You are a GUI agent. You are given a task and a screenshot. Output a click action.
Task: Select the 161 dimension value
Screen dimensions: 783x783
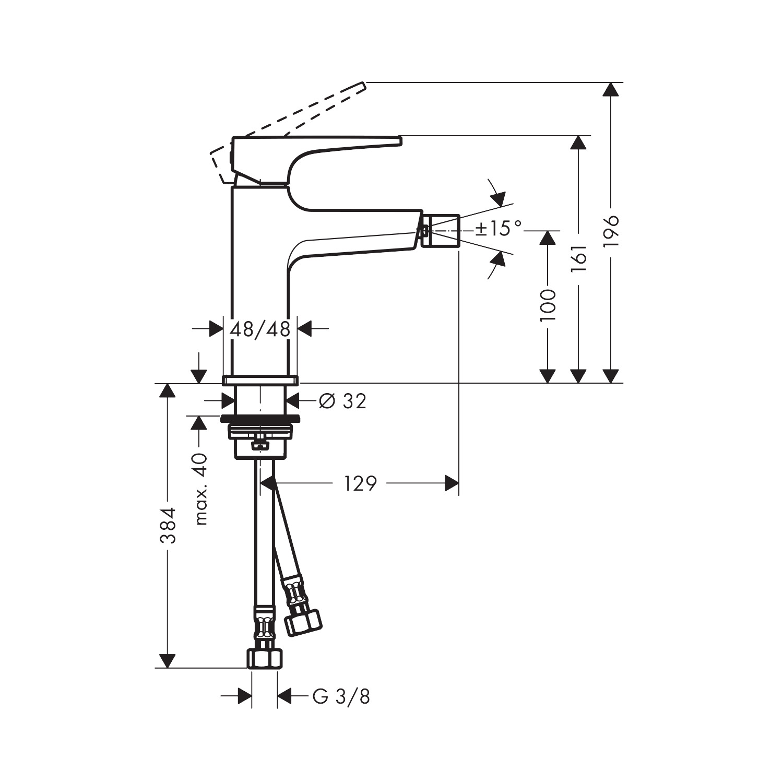pyautogui.click(x=579, y=258)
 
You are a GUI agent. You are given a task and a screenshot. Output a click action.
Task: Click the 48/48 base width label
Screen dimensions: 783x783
pyautogui.click(x=260, y=329)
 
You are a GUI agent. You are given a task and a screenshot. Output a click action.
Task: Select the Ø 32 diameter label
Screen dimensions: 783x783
pyautogui.click(x=342, y=401)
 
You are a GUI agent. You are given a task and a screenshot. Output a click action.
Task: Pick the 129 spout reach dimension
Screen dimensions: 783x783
pyautogui.click(x=360, y=484)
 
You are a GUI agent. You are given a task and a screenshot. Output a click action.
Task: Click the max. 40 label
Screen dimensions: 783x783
pyautogui.click(x=200, y=489)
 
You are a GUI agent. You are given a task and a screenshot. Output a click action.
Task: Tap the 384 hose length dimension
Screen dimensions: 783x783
pyautogui.click(x=168, y=525)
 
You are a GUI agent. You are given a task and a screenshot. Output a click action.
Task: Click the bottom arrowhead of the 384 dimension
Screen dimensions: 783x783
pyautogui.click(x=167, y=660)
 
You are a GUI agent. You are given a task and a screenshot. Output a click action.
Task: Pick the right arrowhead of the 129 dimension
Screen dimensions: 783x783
pyautogui.click(x=452, y=484)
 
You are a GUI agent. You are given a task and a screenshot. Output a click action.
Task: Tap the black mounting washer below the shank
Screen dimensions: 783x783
pyautogui.click(x=260, y=418)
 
